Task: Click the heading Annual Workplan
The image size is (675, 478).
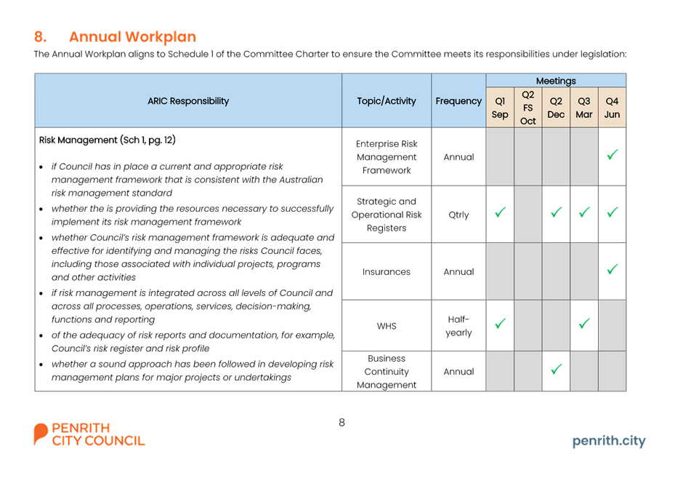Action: [x=132, y=37]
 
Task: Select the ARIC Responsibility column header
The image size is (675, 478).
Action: [x=188, y=101]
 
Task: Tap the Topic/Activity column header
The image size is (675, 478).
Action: [x=387, y=101]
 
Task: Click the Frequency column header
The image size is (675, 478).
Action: [x=458, y=101]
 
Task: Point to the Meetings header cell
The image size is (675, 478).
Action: [x=556, y=81]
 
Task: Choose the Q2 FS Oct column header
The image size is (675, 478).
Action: [x=528, y=108]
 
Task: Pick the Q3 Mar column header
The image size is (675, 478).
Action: [x=583, y=108]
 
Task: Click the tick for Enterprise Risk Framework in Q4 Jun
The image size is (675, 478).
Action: [x=612, y=154]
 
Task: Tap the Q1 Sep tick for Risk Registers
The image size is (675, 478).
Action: [x=500, y=212]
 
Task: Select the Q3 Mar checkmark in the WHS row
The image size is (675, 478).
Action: [x=584, y=323]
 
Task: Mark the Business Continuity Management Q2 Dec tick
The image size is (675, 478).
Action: [x=556, y=369]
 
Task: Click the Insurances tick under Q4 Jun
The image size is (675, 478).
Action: [x=612, y=269]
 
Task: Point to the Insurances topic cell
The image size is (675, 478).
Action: [x=387, y=272]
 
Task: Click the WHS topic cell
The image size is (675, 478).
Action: [x=387, y=326]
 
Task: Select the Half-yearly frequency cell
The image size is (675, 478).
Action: [x=458, y=326]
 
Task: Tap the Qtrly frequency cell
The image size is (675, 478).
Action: [x=458, y=215]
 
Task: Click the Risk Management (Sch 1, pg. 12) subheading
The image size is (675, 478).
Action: [x=108, y=140]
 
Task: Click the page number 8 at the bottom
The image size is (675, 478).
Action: [x=341, y=423]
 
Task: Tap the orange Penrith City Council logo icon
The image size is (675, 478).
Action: [x=41, y=434]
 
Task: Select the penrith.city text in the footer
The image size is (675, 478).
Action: [x=609, y=441]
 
